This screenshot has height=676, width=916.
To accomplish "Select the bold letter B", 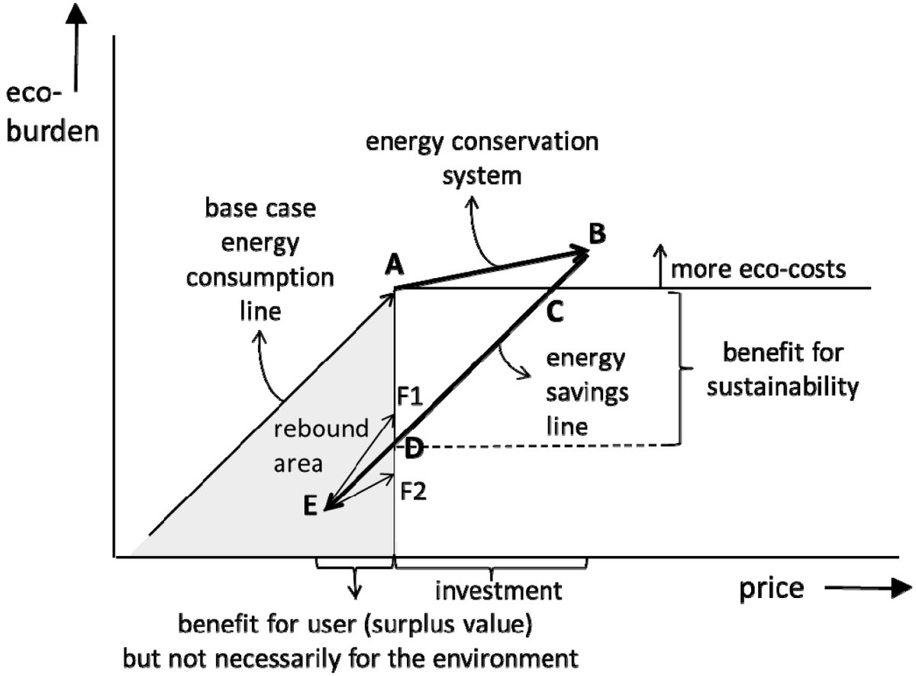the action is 597,234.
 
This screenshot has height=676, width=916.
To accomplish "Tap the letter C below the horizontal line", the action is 556,311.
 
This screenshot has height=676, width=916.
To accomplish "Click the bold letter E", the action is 310,506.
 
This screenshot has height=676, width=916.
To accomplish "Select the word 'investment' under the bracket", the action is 498,590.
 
